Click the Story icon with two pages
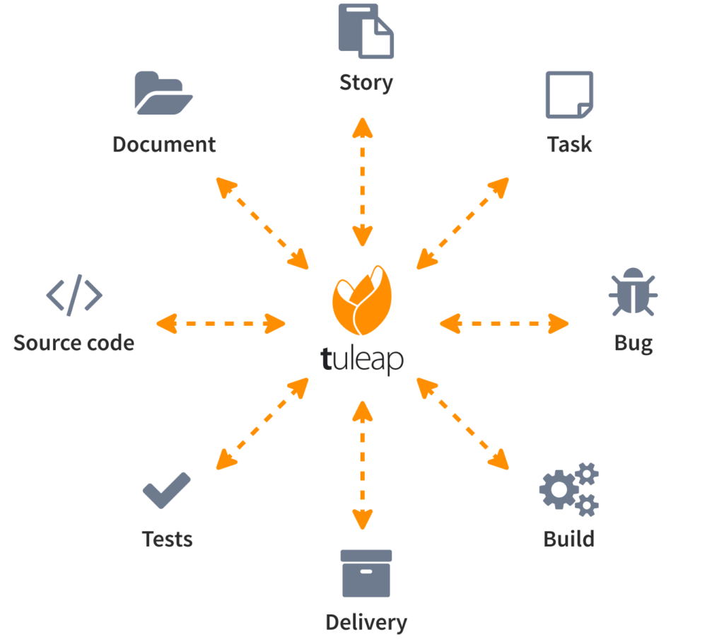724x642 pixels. click(366, 31)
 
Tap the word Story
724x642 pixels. click(366, 83)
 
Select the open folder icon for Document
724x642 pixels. click(163, 93)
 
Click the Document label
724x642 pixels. click(164, 144)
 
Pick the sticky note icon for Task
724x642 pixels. click(569, 95)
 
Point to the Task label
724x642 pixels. click(569, 144)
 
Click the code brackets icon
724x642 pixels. click(74, 295)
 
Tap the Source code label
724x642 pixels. click(74, 343)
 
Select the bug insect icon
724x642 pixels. click(633, 292)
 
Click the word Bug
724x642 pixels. click(633, 344)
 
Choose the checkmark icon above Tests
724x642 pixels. click(166, 490)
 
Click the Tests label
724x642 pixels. click(167, 539)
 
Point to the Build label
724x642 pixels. click(569, 539)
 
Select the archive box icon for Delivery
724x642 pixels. click(366, 573)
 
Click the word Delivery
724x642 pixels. click(367, 623)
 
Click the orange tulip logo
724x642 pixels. click(362, 300)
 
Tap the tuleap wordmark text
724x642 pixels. click(362, 359)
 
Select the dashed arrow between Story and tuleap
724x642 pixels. click(363, 182)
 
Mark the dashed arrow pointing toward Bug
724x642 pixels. click(504, 324)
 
